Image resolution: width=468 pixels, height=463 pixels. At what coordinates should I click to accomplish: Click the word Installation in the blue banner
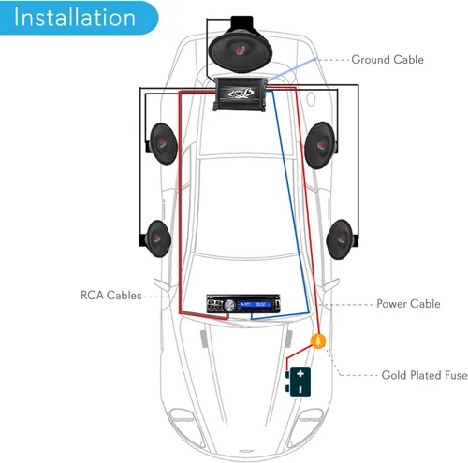74,18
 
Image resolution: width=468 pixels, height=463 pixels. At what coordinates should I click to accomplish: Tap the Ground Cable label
387,60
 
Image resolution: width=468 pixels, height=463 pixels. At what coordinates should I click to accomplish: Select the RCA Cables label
111,296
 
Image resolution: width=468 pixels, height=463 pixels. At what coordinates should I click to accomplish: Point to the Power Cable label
408,304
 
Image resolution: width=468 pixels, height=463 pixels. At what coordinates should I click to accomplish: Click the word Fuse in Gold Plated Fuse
455,375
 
